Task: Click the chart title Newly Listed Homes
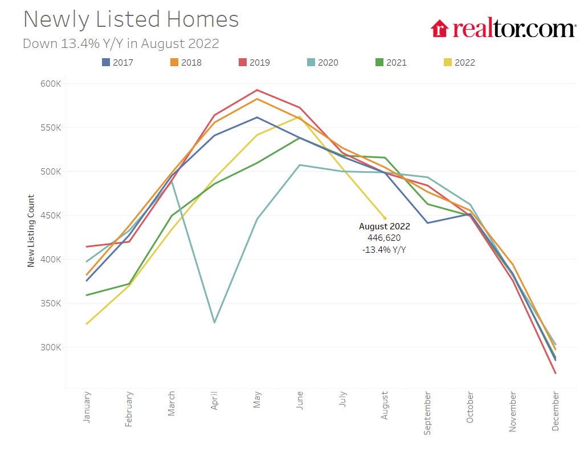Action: coord(130,20)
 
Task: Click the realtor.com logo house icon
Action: coord(439,28)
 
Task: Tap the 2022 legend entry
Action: coord(459,62)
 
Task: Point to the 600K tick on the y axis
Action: coord(50,84)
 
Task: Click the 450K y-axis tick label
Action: coord(50,216)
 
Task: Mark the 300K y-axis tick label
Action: coord(50,347)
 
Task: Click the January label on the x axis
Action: coord(87,407)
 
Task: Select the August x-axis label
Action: coord(385,405)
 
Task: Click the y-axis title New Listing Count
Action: coord(31,231)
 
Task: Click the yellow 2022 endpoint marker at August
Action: coord(385,218)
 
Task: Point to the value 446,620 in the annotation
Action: coord(385,237)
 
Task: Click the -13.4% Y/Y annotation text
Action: coord(385,249)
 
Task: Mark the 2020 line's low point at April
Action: coord(214,322)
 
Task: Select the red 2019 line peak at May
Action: coord(257,90)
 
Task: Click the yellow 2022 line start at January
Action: coord(87,324)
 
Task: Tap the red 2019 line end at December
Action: coord(555,373)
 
